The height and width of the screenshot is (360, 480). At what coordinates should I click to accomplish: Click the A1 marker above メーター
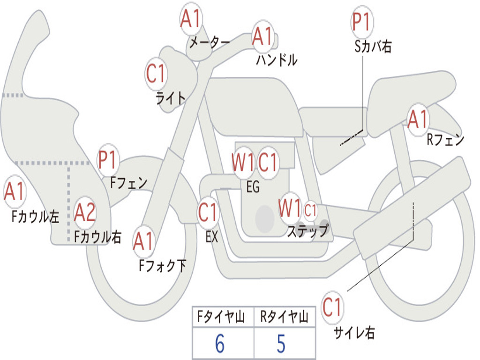click(x=191, y=19)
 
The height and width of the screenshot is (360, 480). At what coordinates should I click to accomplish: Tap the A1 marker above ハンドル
click(x=262, y=36)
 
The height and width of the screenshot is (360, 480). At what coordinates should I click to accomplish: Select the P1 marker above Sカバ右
click(x=362, y=22)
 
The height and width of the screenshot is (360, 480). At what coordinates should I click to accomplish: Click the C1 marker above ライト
click(x=156, y=74)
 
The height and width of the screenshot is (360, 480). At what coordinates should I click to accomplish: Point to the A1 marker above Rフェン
click(x=418, y=120)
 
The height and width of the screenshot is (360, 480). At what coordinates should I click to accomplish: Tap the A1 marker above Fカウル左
click(x=15, y=191)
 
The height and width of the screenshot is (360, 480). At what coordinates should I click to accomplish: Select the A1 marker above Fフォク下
click(x=143, y=241)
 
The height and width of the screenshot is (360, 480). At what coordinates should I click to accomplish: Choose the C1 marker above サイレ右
click(x=332, y=307)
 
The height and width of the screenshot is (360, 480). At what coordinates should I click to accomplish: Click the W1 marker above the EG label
click(x=243, y=162)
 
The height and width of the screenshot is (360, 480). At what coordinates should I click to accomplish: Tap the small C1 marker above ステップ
click(x=310, y=210)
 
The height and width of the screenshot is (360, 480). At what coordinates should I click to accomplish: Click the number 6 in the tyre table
click(x=220, y=344)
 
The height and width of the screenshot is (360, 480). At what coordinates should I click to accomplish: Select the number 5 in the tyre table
click(x=281, y=344)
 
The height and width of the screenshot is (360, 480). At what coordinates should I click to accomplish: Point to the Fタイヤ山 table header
click(x=221, y=316)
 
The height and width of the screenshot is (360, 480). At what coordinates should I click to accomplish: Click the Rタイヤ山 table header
click(x=284, y=316)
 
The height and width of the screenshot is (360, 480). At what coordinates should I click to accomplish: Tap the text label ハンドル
click(x=277, y=60)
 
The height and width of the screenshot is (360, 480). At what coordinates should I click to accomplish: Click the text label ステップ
click(x=308, y=231)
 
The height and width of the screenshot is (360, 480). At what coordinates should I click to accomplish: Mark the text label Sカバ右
click(x=373, y=46)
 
